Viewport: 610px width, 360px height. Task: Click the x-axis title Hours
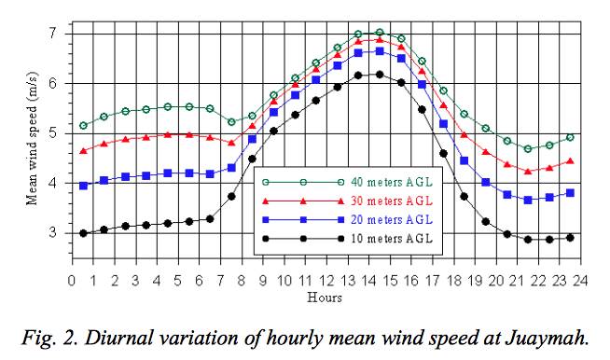(326, 298)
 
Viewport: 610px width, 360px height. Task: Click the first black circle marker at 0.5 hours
(83, 233)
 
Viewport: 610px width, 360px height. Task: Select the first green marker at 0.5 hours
(83, 125)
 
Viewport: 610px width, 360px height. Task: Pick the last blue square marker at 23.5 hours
(570, 193)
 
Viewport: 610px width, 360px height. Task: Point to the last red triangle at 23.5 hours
(570, 161)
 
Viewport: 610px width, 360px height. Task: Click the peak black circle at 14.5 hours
(380, 75)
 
